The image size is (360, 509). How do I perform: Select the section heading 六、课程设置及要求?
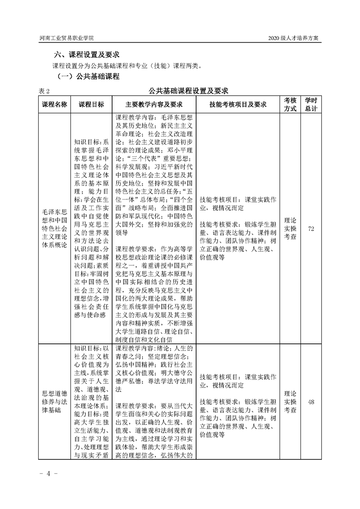click(87, 55)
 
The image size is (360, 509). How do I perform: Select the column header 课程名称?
click(54, 104)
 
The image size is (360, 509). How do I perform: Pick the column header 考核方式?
click(290, 104)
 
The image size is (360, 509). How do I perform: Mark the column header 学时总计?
click(311, 104)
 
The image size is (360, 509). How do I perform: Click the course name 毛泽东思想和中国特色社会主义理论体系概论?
click(54, 228)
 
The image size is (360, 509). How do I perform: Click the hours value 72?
click(311, 228)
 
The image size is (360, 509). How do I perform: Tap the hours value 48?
click(311, 401)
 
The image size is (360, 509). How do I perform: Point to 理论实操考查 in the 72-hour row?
click(290, 228)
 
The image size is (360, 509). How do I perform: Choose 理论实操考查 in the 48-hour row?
click(290, 401)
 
